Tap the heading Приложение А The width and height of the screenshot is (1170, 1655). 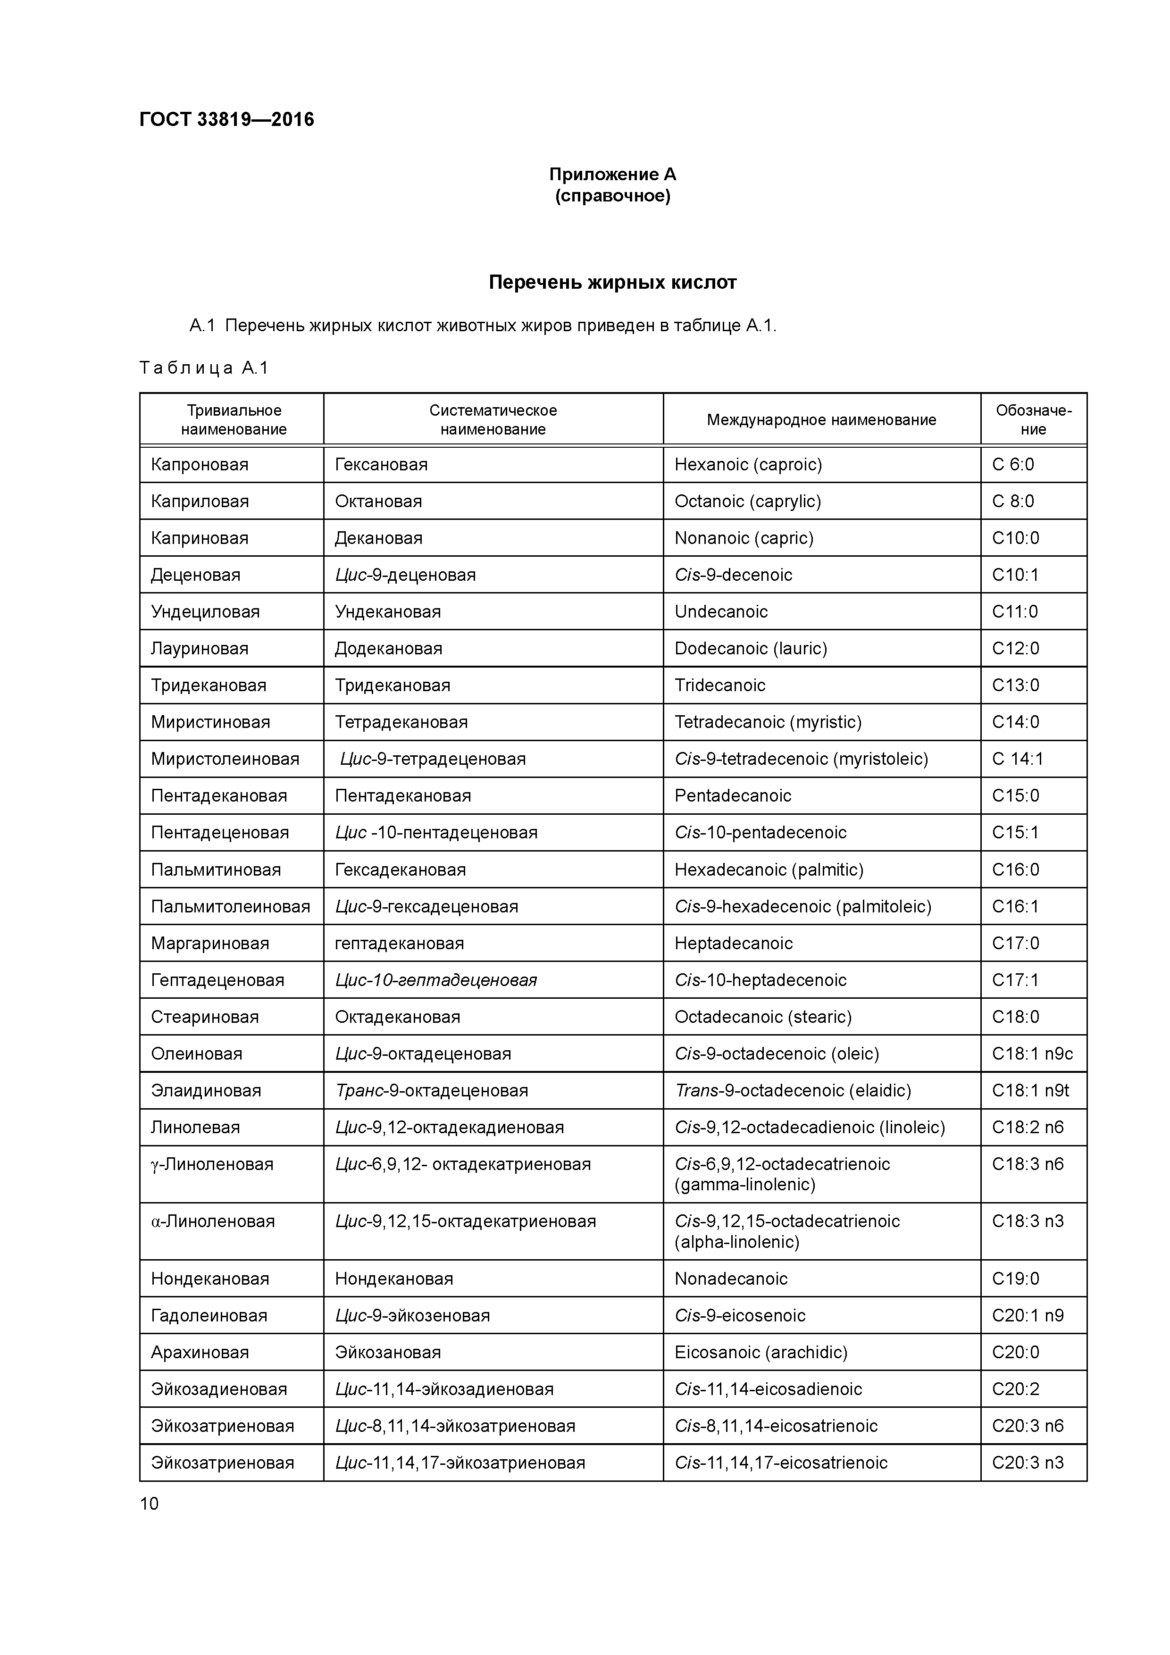point(612,175)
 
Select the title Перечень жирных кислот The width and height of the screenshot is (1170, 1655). point(612,282)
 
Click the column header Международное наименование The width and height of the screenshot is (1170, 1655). point(820,419)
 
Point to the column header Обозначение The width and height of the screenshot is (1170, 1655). point(1033,419)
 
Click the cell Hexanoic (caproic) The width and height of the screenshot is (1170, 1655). point(748,464)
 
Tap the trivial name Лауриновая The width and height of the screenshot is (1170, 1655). point(200,648)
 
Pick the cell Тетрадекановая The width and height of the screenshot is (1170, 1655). point(401,721)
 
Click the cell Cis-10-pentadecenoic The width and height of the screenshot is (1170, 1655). point(760,833)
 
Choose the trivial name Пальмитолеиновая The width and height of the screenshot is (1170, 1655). point(230,906)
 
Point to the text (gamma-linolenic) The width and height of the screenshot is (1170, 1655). point(744,1184)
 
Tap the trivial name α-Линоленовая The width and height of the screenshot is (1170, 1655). point(213,1221)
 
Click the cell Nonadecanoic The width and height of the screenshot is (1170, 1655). point(730,1279)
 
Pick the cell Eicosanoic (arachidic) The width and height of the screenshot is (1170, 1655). point(760,1352)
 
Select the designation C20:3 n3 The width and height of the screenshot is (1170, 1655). point(1027,1463)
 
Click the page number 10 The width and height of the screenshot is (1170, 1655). point(149,1504)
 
